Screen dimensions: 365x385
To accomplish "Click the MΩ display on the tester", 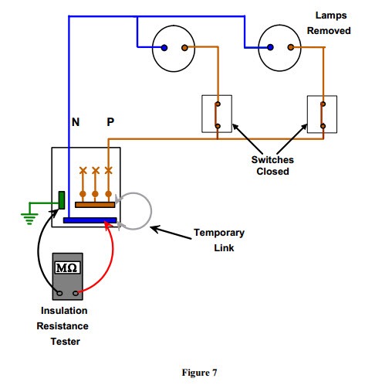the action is (x=67, y=267).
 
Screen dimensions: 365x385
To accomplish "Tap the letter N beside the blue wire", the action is (x=76, y=122).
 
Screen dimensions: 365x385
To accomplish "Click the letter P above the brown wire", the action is (x=110, y=122).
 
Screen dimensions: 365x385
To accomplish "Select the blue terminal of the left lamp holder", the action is (x=164, y=48).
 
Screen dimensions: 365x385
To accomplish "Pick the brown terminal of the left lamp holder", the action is (x=184, y=48).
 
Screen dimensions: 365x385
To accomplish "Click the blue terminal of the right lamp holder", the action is (x=270, y=47).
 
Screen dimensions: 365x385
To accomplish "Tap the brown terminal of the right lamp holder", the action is (x=291, y=47).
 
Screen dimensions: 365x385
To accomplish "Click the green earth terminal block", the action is (x=62, y=200).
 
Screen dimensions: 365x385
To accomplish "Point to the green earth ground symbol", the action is (x=29, y=219).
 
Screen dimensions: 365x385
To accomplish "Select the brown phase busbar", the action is (x=95, y=205).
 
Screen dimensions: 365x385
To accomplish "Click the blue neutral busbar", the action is (x=90, y=220).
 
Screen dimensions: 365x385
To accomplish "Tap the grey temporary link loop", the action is (x=151, y=211).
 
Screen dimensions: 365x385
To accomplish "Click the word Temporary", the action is (x=219, y=233).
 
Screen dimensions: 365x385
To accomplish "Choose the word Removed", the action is (x=329, y=31).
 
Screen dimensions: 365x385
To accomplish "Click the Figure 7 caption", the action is (x=199, y=373).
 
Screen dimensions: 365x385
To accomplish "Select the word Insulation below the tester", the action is (x=64, y=311).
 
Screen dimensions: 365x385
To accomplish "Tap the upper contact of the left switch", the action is (x=218, y=104).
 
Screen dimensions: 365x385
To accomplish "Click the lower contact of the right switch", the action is (x=323, y=126).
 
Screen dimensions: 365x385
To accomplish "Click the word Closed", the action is (x=272, y=172).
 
